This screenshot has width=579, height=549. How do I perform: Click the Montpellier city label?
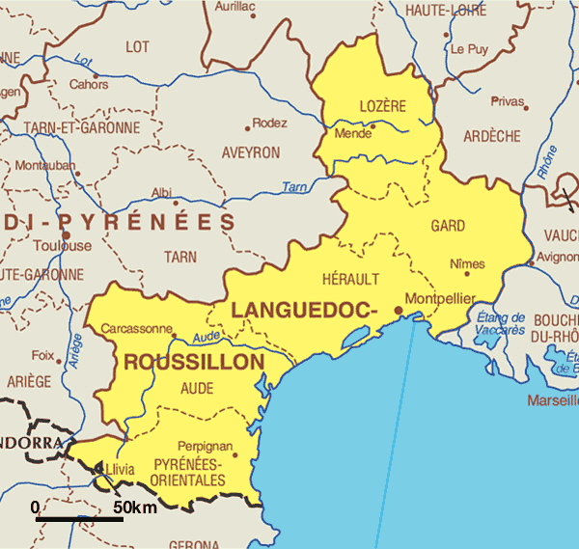(x=440, y=299)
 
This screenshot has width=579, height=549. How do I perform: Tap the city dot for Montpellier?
(x=399, y=310)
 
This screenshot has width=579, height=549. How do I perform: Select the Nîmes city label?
(x=468, y=263)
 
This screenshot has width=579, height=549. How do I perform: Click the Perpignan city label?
(x=206, y=447)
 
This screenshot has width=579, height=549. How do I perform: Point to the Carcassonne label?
(x=137, y=328)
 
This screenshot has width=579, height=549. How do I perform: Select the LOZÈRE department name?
(x=382, y=105)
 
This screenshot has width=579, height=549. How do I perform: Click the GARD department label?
(x=448, y=226)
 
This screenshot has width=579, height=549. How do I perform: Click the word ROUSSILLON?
(x=194, y=362)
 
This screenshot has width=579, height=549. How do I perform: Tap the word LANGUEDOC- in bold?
(x=302, y=310)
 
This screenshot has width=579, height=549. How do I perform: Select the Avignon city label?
(x=558, y=258)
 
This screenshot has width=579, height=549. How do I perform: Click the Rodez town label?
(x=270, y=124)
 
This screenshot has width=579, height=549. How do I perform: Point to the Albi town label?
(x=161, y=193)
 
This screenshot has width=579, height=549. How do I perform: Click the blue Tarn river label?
(x=294, y=186)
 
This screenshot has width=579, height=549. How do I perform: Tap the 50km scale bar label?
(x=135, y=508)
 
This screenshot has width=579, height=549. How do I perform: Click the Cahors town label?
(x=88, y=84)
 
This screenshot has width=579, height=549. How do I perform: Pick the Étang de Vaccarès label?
(x=501, y=323)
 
